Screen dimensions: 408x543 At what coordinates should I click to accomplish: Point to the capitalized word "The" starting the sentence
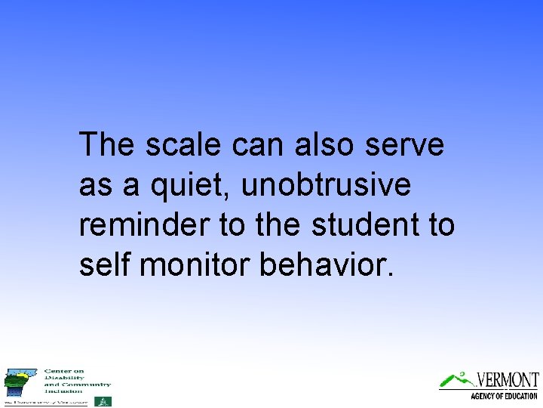(108, 144)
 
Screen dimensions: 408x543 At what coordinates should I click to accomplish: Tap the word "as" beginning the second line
(95, 184)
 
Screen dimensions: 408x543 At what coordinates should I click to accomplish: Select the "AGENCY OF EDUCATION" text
(503, 396)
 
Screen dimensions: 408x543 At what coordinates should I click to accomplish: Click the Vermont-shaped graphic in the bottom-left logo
(18, 382)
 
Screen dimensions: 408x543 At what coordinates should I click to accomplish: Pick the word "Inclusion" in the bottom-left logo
(63, 391)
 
